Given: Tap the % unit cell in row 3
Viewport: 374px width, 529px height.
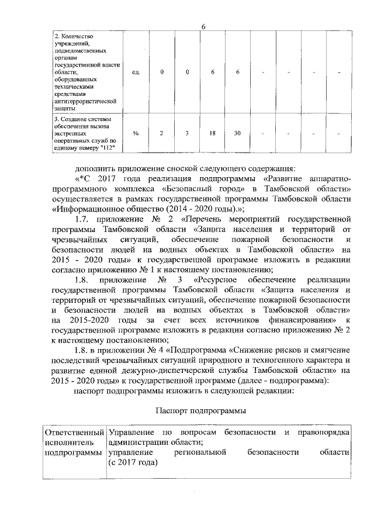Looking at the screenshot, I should (136, 133).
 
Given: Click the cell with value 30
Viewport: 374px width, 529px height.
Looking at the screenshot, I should (237, 133).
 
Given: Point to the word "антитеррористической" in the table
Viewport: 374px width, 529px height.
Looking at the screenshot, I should (81, 101).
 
